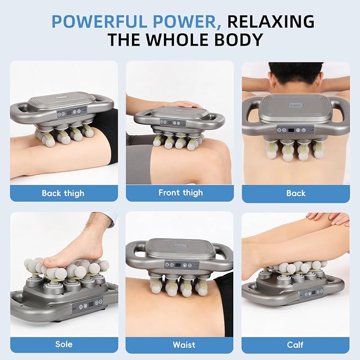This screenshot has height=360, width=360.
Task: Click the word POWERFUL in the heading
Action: coord(100,21)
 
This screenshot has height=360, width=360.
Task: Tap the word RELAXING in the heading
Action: coord(271,21)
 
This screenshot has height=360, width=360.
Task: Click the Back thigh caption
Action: coord(63,193)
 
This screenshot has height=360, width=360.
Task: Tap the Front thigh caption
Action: coord(181,192)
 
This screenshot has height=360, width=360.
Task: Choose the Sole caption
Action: coord(64,344)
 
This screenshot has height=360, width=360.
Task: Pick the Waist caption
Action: coord(184,345)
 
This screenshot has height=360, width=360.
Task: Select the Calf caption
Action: coord(295,345)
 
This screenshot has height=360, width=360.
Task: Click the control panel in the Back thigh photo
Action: coord(72,112)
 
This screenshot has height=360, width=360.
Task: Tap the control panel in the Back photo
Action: coord(295,130)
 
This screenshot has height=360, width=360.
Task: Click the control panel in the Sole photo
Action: coord(88,305)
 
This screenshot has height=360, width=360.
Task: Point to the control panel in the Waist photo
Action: coord(181,265)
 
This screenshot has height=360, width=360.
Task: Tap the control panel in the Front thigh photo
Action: coord(173,123)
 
